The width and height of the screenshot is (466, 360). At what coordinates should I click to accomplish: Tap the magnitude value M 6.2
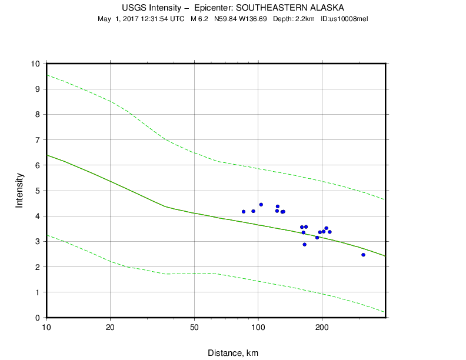[199, 19]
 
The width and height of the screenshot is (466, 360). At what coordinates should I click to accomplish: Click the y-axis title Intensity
[19, 190]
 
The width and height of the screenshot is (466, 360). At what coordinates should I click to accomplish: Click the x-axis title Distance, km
[233, 353]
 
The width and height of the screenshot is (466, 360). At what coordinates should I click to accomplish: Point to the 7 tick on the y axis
[38, 140]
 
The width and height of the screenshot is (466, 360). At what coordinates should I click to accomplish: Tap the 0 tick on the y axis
[38, 318]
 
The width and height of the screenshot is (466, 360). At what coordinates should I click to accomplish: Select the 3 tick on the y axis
[38, 242]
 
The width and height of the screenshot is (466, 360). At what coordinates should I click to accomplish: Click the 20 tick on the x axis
[111, 327]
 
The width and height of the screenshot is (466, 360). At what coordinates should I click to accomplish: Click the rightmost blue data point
[363, 255]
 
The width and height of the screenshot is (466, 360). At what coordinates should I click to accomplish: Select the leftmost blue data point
[244, 211]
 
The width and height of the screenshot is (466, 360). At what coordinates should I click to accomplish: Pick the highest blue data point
[261, 204]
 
